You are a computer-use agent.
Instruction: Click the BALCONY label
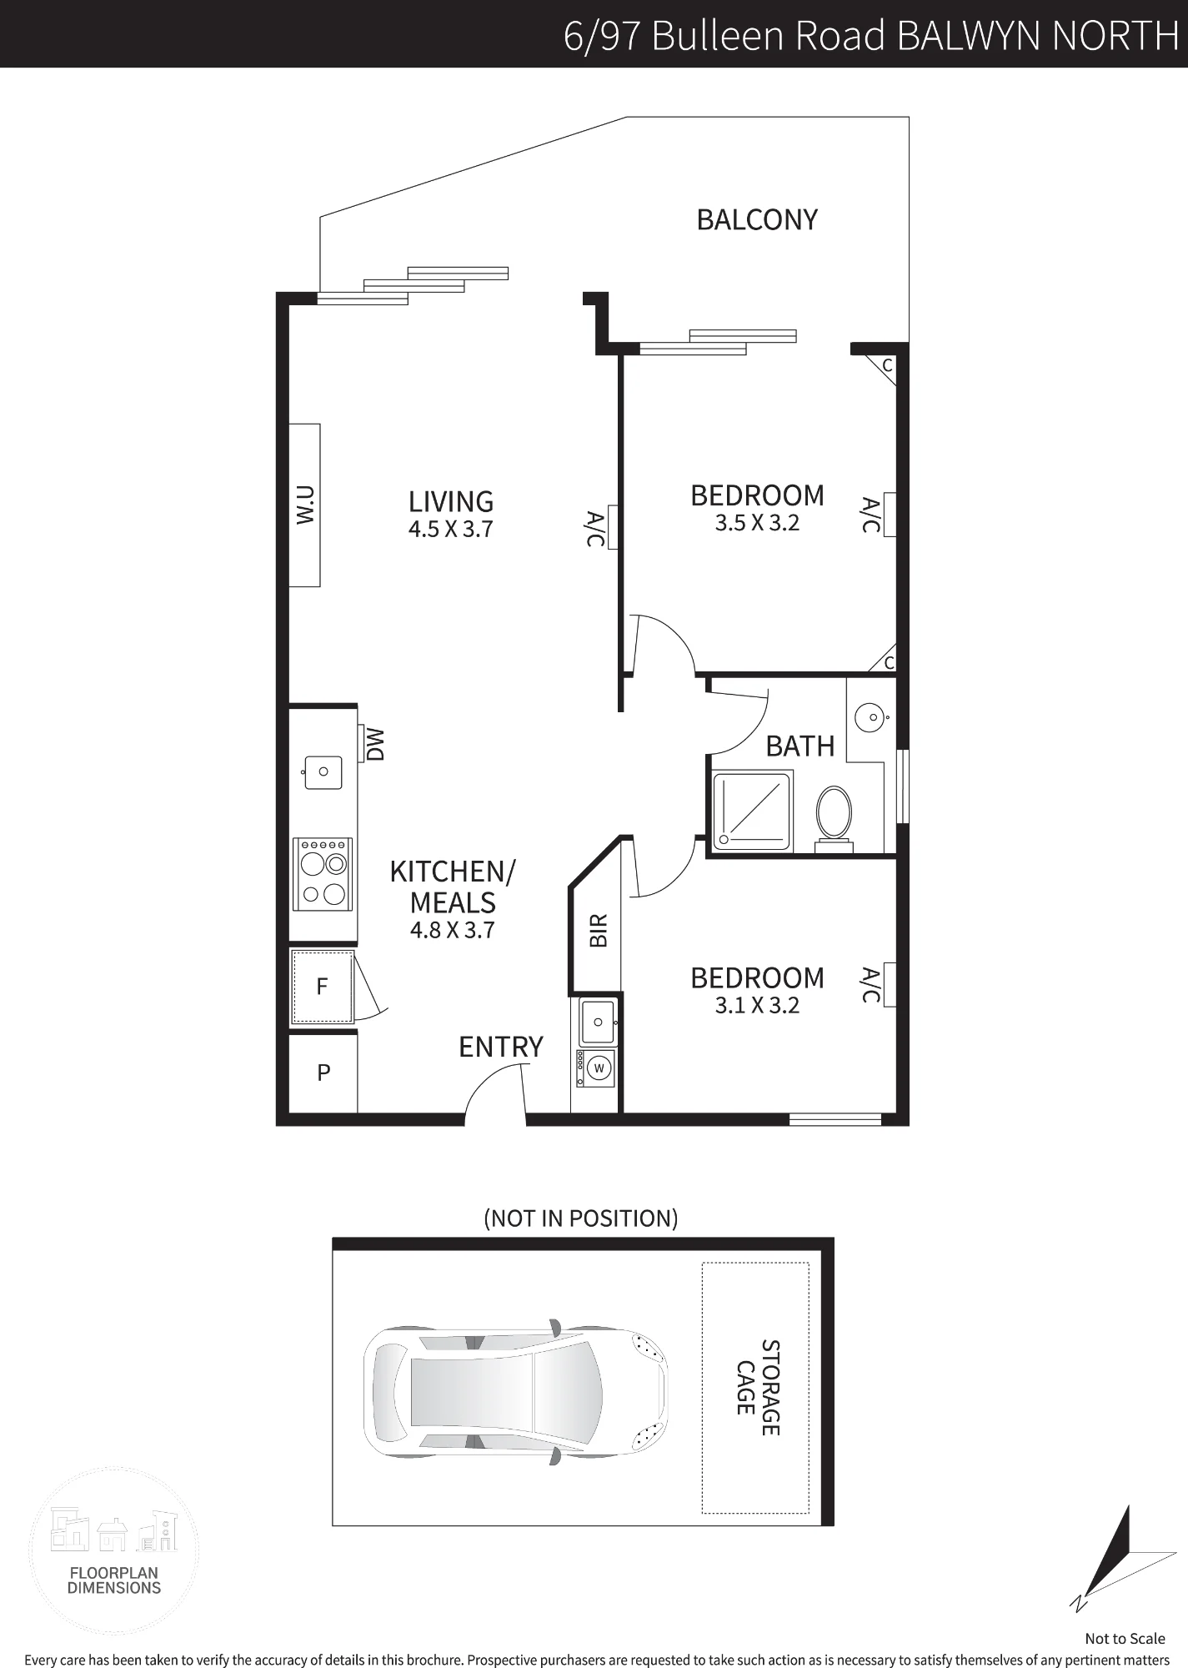click(x=757, y=219)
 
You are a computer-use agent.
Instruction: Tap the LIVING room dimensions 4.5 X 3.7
click(x=451, y=529)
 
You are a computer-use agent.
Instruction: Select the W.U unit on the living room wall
click(x=304, y=505)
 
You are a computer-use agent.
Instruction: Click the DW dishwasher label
click(x=375, y=744)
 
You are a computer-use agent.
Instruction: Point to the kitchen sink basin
click(x=323, y=772)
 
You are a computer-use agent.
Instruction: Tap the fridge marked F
click(x=323, y=987)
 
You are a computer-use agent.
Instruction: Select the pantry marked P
click(x=323, y=1073)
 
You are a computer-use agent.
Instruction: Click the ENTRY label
click(x=501, y=1047)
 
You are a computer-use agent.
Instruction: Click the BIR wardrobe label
click(x=599, y=931)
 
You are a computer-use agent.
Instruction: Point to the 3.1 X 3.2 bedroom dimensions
click(x=757, y=1006)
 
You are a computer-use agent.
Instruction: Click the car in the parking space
click(x=515, y=1390)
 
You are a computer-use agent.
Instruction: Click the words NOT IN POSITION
click(x=581, y=1218)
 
